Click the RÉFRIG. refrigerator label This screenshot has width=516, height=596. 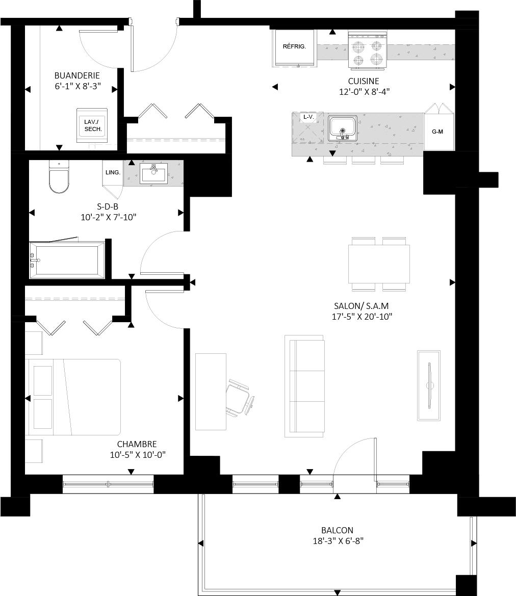294,46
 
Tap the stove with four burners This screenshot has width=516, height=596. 368,50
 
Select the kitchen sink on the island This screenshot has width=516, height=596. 343,128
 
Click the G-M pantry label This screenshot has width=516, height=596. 437,132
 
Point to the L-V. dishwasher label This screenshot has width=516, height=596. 309,117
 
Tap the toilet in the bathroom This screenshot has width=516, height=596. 59,177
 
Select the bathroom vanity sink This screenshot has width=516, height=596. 153,173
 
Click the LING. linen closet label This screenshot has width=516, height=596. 113,172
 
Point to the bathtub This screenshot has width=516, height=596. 67,260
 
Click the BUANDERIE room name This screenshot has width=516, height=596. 77,75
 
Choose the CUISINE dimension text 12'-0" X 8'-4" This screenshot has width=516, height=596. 364,92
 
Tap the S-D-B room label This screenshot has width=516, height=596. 108,206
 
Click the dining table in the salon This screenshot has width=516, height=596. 379,264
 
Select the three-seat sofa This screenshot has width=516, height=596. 304,386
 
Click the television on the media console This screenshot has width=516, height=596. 430,386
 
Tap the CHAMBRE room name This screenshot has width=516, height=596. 137,444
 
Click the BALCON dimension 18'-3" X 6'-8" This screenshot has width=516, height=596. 338,541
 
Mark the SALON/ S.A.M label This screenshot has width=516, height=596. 361,305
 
